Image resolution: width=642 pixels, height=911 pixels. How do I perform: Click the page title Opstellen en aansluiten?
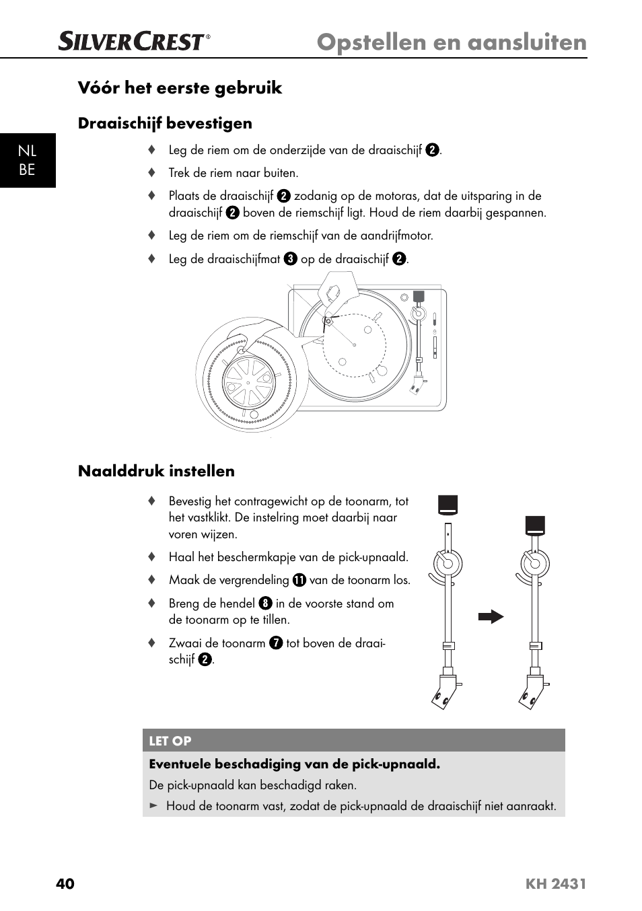point(452,42)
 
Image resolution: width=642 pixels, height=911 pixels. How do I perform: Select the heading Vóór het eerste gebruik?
point(180,88)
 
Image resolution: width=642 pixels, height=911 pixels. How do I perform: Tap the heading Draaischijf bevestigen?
point(165,123)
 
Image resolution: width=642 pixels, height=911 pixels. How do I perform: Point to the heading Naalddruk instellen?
point(156,471)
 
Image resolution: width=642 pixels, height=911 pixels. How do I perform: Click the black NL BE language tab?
point(27,160)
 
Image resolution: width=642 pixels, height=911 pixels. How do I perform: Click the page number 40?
point(65,883)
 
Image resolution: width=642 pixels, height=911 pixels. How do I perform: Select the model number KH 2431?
point(556,884)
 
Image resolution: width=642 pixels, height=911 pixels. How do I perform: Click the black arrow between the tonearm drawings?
point(491,616)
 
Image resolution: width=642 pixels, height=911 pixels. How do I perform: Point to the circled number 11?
point(299,580)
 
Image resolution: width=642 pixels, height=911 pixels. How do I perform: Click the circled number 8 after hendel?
point(265,604)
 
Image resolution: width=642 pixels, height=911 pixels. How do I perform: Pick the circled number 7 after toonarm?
point(275,643)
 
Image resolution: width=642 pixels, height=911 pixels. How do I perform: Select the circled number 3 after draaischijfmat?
point(290,259)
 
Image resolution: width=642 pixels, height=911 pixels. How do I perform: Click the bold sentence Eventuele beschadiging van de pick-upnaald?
point(294,764)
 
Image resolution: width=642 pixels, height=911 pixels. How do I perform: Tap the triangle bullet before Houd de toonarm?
point(153,805)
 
